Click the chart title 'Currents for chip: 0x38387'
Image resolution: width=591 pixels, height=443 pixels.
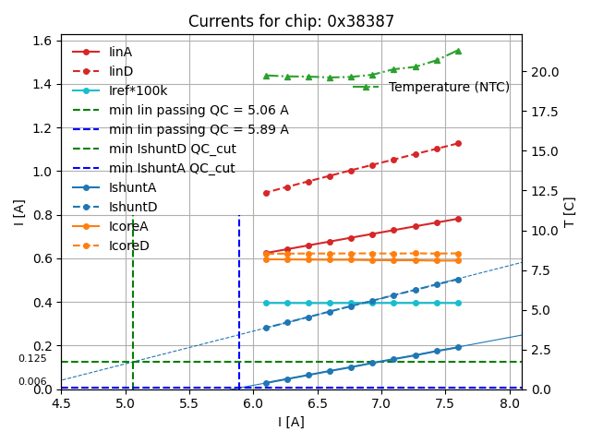[291, 21]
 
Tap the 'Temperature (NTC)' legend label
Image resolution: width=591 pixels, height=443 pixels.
[449, 87]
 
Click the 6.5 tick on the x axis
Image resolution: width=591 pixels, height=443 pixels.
[318, 403]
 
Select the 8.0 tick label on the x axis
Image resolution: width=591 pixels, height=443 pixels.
[509, 403]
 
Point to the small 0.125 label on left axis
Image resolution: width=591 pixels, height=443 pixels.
[31, 358]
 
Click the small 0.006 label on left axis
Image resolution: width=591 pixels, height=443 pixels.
[31, 381]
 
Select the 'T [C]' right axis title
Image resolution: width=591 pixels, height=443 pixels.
[570, 211]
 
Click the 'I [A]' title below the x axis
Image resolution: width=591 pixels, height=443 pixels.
[291, 422]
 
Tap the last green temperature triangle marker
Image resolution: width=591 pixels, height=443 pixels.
[458, 51]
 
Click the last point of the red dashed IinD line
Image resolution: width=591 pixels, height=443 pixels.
[458, 143]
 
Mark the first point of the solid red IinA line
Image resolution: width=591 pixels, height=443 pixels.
[266, 253]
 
